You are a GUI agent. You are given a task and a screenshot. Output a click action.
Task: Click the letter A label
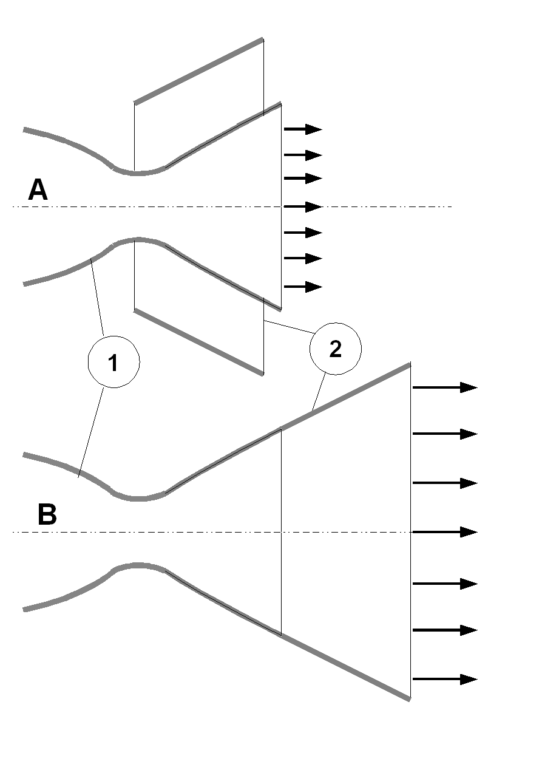click(38, 189)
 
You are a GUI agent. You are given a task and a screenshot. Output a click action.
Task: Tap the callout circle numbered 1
click(113, 362)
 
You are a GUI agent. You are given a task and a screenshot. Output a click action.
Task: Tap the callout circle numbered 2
click(335, 349)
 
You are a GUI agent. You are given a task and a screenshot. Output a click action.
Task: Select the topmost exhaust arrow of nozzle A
click(303, 129)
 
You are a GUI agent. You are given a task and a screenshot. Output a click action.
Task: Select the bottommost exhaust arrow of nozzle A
click(303, 287)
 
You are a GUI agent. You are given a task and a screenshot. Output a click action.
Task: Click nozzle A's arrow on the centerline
click(303, 207)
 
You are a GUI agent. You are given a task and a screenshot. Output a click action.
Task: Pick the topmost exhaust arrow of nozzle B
click(445, 387)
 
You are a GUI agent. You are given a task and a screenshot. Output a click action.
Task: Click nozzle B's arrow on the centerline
click(445, 532)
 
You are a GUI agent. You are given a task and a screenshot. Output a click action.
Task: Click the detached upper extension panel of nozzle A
click(199, 71)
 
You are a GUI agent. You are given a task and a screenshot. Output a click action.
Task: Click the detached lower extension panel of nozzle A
click(199, 342)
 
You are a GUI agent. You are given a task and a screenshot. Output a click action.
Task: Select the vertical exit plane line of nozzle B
click(410, 532)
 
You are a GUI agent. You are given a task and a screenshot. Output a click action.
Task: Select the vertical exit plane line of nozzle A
click(281, 207)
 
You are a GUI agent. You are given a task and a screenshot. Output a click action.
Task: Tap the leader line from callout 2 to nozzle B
click(319, 392)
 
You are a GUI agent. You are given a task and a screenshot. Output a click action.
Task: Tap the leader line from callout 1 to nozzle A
click(97, 297)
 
